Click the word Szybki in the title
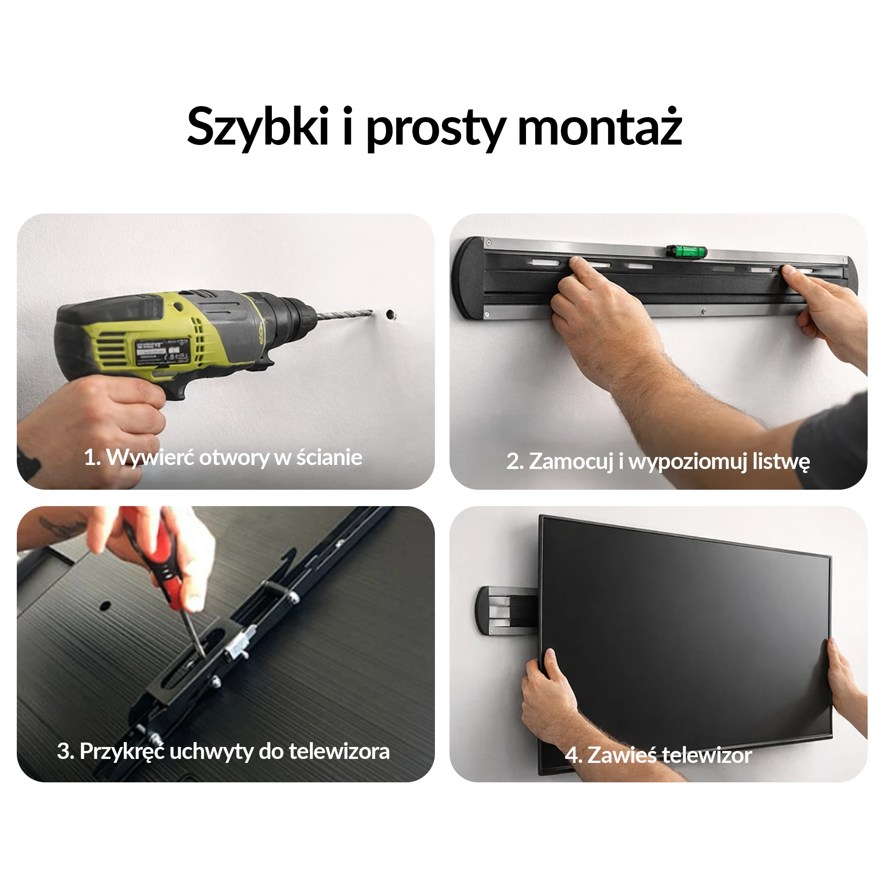pos(258,127)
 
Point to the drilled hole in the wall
pos(390,314)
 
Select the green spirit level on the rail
pos(686,251)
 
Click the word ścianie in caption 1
pos(329,457)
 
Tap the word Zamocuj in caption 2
pos(571,462)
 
